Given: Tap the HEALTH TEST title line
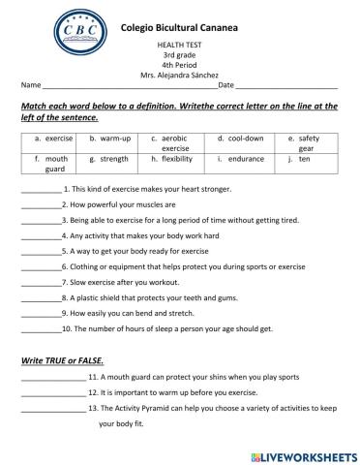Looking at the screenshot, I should (179, 46).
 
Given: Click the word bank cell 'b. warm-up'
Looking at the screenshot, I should (109, 139).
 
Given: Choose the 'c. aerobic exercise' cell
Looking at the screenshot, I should (174, 143).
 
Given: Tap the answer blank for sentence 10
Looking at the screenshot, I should (40, 329).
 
